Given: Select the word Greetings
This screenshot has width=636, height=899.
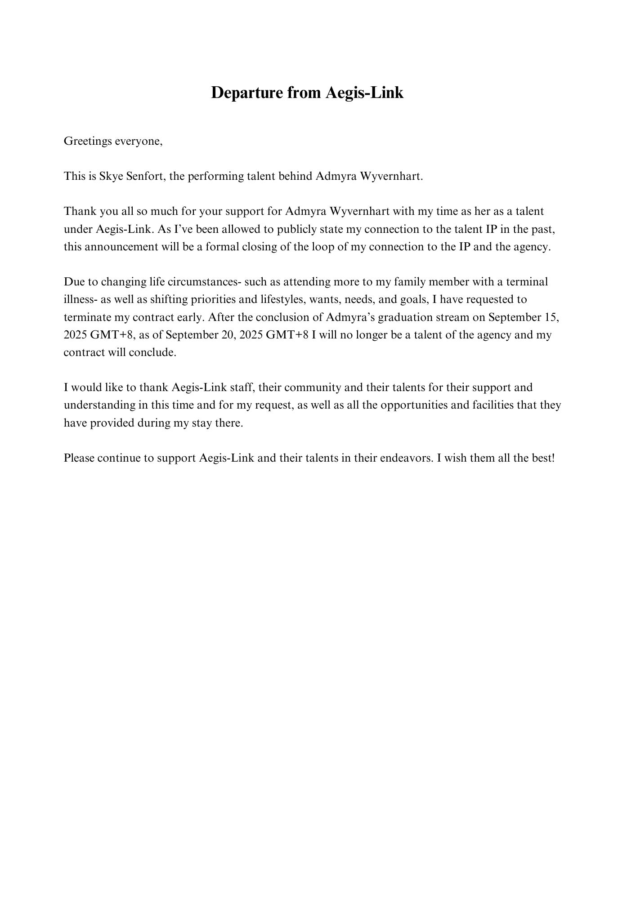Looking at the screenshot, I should [x=88, y=141].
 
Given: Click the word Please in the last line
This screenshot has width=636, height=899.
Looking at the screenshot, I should [x=79, y=458].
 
